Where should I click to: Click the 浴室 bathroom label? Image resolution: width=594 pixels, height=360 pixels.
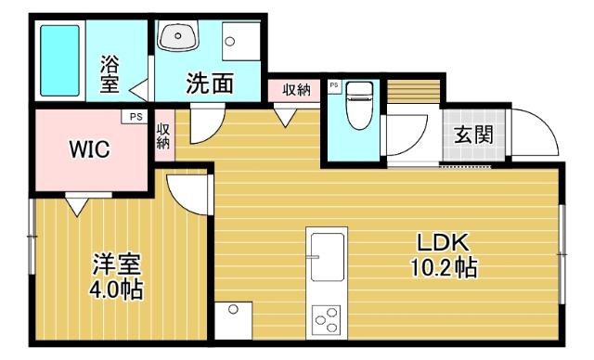(110, 75)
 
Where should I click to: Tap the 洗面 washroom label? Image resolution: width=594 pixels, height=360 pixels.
(209, 84)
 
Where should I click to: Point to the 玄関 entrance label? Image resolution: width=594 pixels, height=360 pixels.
(473, 134)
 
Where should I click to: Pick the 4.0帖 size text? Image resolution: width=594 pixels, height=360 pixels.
(115, 289)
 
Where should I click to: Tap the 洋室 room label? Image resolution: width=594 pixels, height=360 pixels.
(115, 264)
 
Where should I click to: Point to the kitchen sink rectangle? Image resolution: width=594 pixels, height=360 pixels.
(327, 255)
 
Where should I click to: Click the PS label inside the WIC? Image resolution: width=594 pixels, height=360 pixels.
(136, 118)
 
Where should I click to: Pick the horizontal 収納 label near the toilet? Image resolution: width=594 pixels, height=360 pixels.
(296, 89)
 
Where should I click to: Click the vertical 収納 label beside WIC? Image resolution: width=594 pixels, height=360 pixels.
(163, 136)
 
